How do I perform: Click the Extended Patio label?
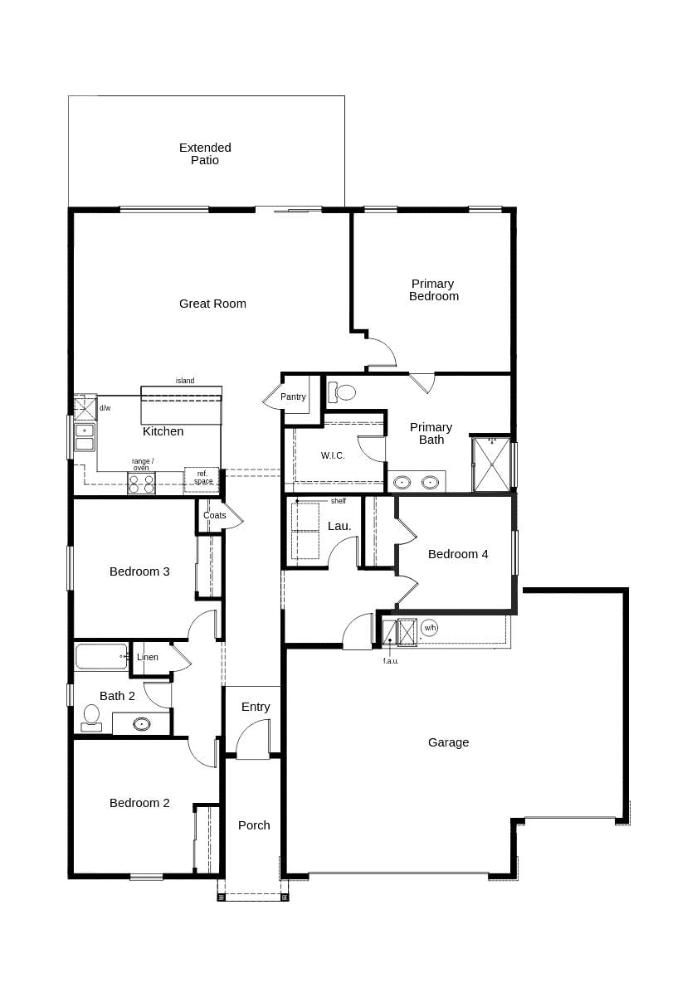(205, 153)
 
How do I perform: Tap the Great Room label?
(212, 304)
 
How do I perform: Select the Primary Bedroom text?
(433, 290)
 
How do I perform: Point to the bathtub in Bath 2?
(100, 656)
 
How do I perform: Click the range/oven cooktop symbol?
(141, 484)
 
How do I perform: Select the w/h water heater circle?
(429, 628)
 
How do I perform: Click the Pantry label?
(293, 397)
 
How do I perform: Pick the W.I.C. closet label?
(333, 455)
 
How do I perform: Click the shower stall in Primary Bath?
(491, 464)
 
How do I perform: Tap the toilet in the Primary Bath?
(343, 392)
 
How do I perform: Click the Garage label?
(448, 742)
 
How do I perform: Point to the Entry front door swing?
(254, 740)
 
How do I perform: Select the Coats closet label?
(215, 515)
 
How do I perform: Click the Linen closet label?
(148, 658)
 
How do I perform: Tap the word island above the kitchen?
(185, 381)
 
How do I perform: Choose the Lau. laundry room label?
(339, 526)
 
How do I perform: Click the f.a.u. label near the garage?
(391, 661)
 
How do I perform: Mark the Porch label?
(254, 825)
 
